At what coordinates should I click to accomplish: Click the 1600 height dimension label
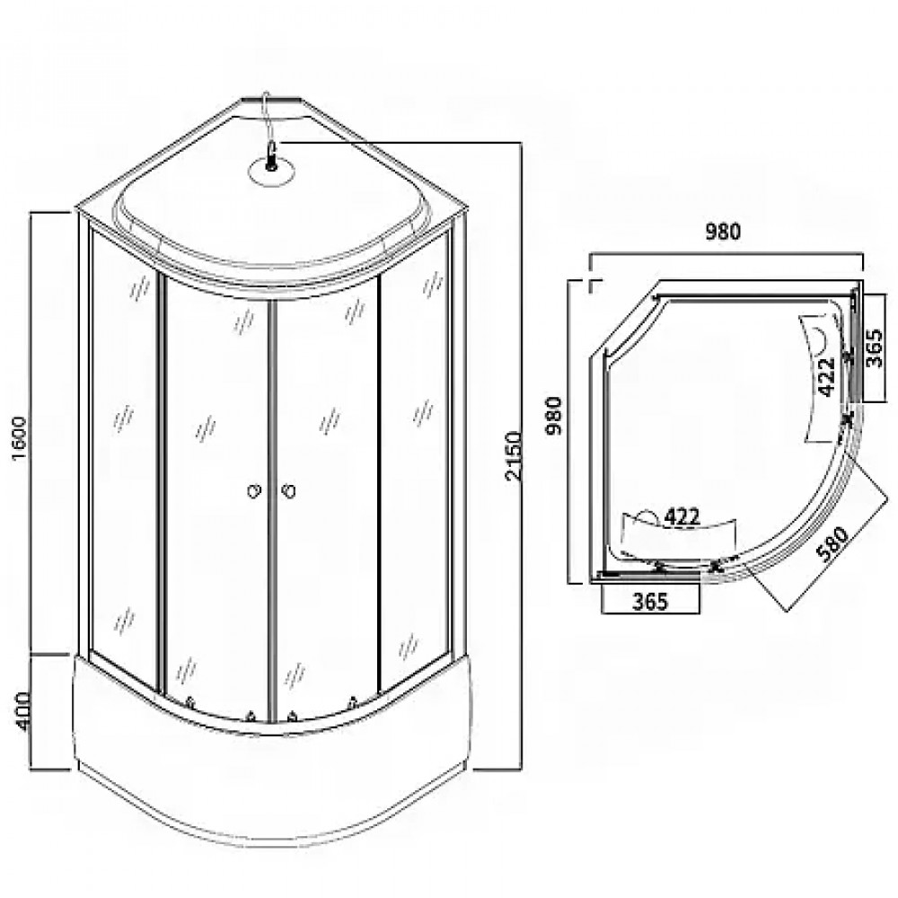[x=20, y=439]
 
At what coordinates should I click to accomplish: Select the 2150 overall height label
[x=514, y=456]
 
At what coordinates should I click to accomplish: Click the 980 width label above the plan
[x=723, y=232]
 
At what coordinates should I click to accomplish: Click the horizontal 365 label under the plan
[x=650, y=601]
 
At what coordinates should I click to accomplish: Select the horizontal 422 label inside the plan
[x=682, y=517]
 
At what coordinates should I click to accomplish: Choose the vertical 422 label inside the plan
[x=826, y=377]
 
